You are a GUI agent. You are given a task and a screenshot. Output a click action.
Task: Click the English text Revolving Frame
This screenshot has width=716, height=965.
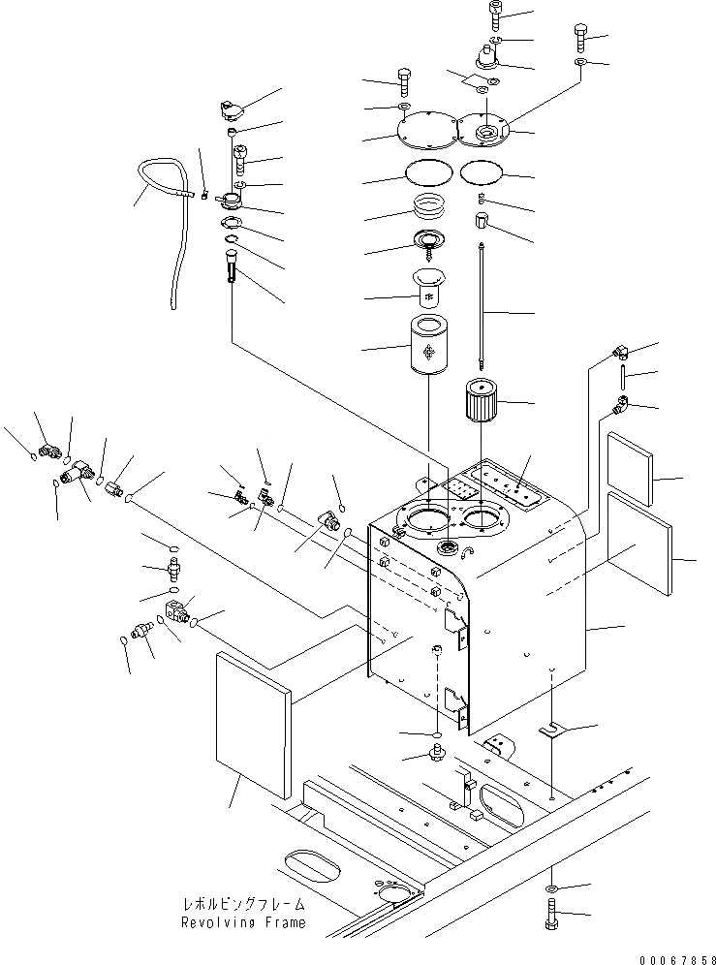tap(243, 923)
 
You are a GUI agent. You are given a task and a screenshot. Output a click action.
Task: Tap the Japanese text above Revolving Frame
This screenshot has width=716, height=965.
tap(243, 905)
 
